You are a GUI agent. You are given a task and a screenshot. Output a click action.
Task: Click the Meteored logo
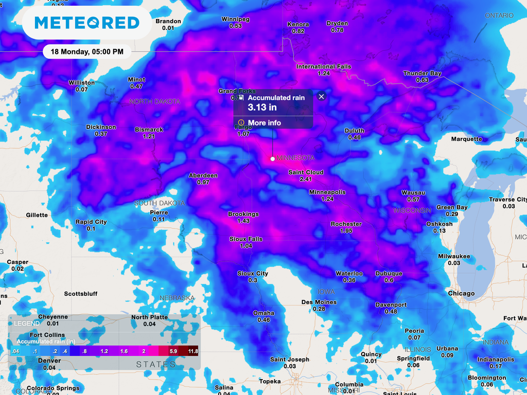click(x=86, y=23)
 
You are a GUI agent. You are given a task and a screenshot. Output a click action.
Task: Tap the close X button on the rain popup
click(x=322, y=96)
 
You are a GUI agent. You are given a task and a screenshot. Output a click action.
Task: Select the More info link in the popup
click(x=264, y=123)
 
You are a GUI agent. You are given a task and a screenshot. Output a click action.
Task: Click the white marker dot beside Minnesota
click(x=273, y=158)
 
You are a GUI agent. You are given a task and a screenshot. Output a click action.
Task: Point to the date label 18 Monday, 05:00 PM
click(x=86, y=51)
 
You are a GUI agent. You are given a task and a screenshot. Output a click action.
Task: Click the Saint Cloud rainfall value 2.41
click(x=306, y=179)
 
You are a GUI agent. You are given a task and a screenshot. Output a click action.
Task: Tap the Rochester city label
click(x=346, y=224)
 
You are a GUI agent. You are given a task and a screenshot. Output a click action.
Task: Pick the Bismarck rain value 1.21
click(x=149, y=137)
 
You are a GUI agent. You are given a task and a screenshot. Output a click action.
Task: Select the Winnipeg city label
click(x=235, y=19)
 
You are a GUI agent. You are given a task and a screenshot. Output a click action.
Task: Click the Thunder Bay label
click(x=422, y=74)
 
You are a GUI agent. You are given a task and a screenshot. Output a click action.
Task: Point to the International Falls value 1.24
click(x=324, y=74)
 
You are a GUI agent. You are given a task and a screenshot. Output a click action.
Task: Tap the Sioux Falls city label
click(x=245, y=239)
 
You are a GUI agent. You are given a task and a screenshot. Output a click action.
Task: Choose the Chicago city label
click(x=461, y=293)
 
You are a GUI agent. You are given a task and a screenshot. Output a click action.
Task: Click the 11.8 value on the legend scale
click(x=193, y=351)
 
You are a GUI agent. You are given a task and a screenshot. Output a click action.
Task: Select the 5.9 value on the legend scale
click(x=174, y=351)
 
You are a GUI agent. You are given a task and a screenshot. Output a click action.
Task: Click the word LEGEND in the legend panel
click(x=27, y=324)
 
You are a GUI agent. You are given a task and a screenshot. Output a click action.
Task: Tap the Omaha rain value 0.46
click(x=263, y=320)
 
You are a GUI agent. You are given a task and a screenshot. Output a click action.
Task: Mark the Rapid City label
click(x=91, y=222)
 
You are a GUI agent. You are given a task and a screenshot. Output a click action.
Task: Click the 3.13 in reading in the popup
click(x=262, y=107)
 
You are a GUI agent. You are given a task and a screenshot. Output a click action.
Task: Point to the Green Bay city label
click(x=452, y=207)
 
